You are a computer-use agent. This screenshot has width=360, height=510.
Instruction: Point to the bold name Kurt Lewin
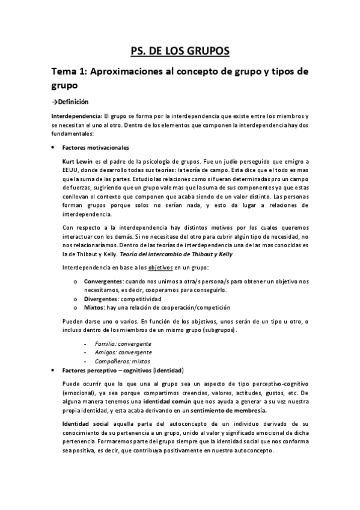pyautogui.click(x=78, y=162)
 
